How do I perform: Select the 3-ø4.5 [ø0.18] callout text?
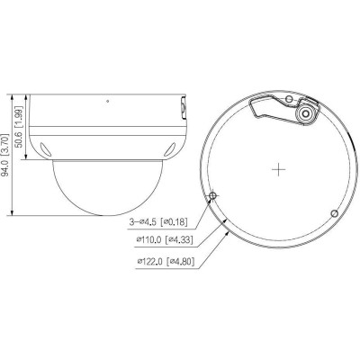(161, 221)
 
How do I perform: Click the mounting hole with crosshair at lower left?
(213, 196)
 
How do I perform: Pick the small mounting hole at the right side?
(335, 212)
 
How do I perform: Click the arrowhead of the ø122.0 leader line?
(227, 230)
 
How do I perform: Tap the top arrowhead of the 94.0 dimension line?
(11, 92)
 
